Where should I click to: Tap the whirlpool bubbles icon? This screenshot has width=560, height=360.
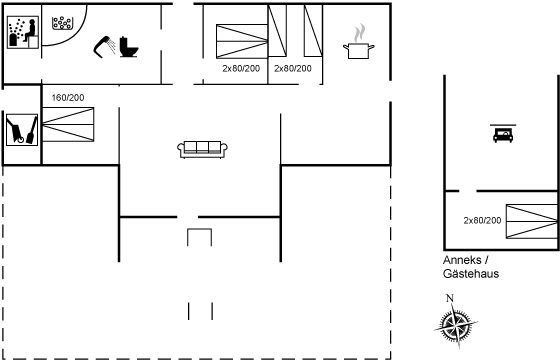(63, 22)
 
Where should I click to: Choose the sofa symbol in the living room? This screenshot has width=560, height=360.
(203, 148)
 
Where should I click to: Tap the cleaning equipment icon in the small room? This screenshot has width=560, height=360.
(20, 130)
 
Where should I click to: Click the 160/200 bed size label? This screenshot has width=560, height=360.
(68, 97)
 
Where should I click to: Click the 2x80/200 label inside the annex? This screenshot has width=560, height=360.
(483, 220)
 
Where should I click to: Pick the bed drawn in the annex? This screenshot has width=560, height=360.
(531, 221)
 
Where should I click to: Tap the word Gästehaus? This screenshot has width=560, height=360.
(470, 272)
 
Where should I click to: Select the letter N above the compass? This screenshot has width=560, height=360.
(450, 297)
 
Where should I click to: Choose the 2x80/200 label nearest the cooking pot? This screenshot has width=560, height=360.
(292, 69)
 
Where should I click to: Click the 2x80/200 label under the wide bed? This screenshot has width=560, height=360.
(241, 69)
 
